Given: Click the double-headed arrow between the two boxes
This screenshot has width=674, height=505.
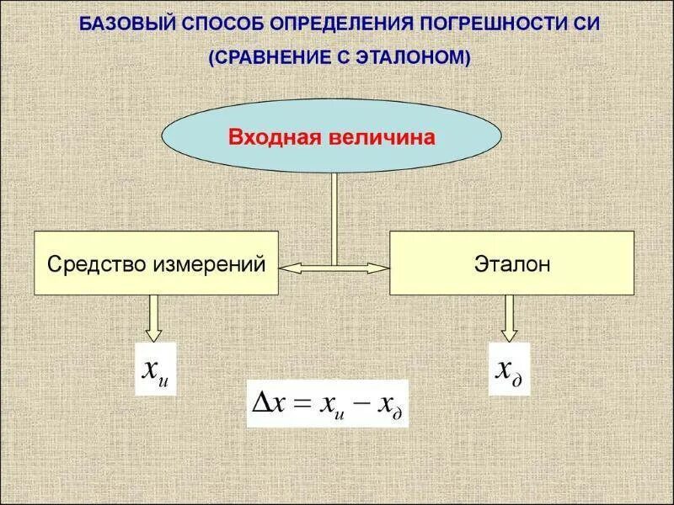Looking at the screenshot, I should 334,268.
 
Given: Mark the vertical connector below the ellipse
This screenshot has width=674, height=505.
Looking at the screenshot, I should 334,217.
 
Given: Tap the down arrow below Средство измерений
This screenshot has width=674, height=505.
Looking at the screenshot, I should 155,316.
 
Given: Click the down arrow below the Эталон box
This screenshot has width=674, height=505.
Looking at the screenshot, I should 509,316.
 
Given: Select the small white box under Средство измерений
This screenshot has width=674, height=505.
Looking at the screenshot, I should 156,369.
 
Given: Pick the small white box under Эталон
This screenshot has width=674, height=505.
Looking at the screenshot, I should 509,369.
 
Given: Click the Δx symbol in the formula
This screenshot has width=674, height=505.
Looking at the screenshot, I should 270,405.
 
